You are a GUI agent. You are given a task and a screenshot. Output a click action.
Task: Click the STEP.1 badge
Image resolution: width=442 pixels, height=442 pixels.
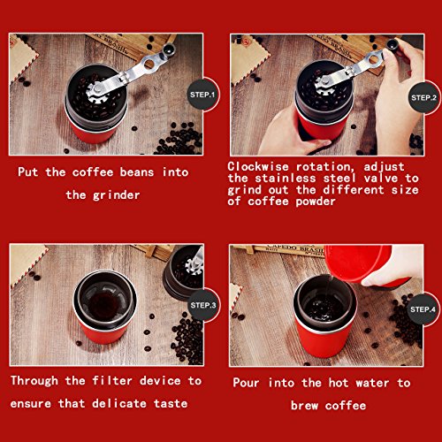(202, 95)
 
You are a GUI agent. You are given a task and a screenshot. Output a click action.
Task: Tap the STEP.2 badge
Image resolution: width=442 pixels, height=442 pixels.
(423, 97)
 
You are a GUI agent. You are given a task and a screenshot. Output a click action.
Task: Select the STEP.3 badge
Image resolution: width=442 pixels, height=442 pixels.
(203, 305)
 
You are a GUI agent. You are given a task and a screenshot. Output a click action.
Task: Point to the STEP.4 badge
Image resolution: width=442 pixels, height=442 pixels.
(423, 309)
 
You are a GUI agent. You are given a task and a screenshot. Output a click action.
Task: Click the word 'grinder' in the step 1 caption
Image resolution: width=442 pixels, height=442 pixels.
(116, 195)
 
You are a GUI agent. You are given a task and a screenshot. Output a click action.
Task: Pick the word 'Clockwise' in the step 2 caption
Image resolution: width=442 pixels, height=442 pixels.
(258, 166)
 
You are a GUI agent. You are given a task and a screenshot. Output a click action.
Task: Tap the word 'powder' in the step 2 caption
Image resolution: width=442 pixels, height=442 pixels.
(316, 202)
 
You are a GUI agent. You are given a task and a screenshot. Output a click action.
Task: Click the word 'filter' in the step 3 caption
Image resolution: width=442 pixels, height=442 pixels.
(112, 380)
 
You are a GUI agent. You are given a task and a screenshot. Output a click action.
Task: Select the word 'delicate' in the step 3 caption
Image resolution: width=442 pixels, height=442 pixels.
(119, 403)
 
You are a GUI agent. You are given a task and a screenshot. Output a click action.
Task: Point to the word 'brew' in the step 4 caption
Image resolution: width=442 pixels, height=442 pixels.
(304, 406)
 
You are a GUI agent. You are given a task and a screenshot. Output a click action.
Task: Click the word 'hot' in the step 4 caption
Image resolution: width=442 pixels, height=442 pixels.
(339, 383)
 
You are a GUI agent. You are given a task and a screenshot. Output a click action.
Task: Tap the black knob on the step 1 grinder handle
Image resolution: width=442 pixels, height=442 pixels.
(169, 49)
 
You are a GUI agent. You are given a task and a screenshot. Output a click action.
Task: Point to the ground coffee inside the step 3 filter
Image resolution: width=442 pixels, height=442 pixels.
(103, 303)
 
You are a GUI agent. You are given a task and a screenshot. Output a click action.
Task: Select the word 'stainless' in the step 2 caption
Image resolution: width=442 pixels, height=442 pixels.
(286, 179)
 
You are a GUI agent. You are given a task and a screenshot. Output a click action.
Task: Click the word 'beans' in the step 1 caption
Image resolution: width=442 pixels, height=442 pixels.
(137, 172)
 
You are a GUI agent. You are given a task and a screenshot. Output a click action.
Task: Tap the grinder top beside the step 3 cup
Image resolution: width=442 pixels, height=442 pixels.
(183, 272)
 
